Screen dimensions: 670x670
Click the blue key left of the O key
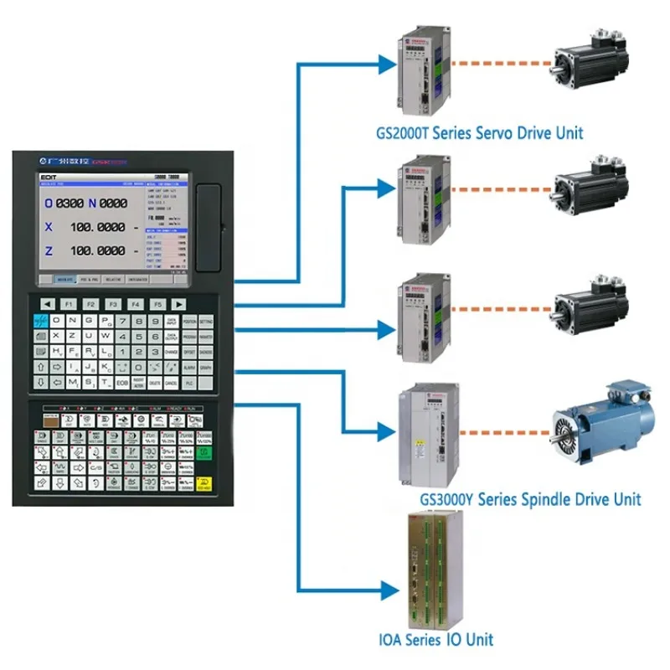[x=39, y=322]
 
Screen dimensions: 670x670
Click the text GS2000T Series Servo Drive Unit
[x=479, y=132]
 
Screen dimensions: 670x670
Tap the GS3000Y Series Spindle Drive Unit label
[x=530, y=499]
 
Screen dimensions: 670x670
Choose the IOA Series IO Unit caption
[x=435, y=640]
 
